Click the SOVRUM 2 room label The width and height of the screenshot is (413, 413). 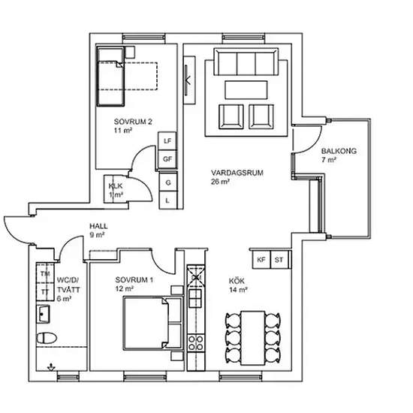(133, 122)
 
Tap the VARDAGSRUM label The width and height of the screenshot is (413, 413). (237, 173)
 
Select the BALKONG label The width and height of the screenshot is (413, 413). (339, 151)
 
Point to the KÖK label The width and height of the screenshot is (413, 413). (237, 281)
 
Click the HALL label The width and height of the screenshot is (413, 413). (98, 226)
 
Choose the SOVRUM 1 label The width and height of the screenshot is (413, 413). (134, 280)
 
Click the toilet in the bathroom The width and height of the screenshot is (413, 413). (47, 338)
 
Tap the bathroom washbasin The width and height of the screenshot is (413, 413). (43, 314)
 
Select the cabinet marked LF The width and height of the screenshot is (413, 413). (167, 141)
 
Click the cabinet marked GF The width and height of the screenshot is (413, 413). (167, 159)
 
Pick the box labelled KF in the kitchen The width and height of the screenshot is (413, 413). (261, 260)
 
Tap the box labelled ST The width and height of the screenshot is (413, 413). (279, 260)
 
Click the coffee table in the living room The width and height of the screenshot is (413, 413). (246, 90)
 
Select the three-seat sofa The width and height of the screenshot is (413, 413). (246, 62)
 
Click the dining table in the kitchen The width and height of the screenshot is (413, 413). (253, 338)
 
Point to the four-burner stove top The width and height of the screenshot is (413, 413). (196, 342)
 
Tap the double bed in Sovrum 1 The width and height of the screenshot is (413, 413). (153, 323)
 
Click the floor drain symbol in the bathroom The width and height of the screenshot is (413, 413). (51, 367)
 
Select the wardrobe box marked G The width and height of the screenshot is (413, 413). (168, 182)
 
